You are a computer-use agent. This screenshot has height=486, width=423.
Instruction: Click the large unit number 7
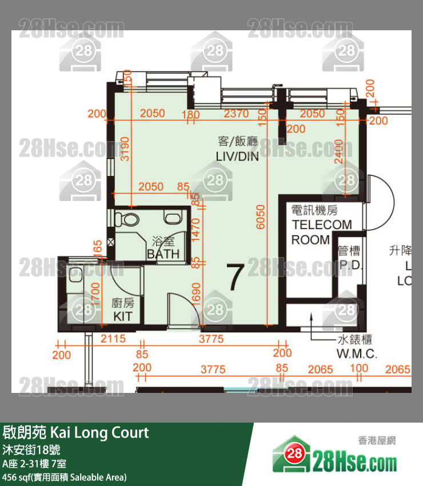click(x=236, y=277)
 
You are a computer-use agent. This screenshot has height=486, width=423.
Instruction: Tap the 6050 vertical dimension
click(x=262, y=217)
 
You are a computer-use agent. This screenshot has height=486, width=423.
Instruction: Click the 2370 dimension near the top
click(x=236, y=114)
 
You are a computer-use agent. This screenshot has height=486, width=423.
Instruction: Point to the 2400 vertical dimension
click(x=339, y=152)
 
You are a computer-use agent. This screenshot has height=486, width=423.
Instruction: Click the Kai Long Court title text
click(x=76, y=432)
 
